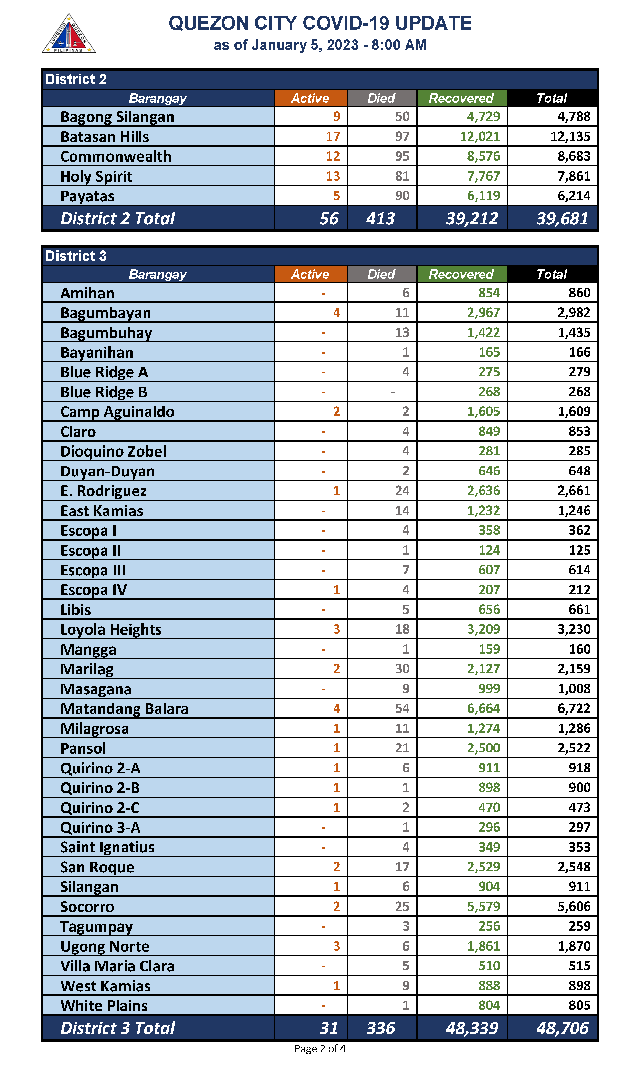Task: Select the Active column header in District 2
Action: tap(310, 98)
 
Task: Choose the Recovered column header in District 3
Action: tap(461, 274)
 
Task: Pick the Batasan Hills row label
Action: tap(105, 136)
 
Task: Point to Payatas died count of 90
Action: tap(402, 196)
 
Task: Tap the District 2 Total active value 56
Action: tap(329, 218)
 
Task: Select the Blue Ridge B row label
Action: tap(104, 392)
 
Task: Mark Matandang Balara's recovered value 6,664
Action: tap(483, 708)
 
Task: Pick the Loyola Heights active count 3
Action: tap(336, 629)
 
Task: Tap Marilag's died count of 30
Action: tap(402, 669)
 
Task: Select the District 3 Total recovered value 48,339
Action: tap(472, 1028)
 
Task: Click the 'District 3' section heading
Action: tap(76, 256)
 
